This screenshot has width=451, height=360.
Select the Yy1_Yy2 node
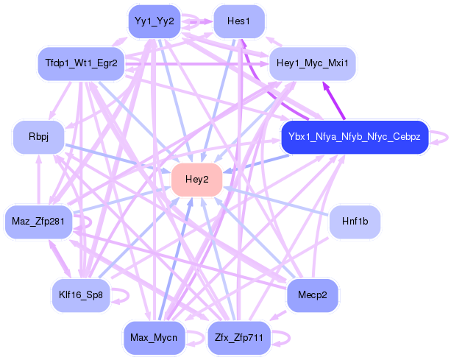tap(154, 21)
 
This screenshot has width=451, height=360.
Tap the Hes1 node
tap(238, 21)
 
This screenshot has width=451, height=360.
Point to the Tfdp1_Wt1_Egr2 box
tap(80, 64)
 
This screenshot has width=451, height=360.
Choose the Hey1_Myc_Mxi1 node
tap(313, 64)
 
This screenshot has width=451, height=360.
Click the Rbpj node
tap(38, 138)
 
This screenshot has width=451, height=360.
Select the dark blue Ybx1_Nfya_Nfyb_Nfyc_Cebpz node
tap(354, 137)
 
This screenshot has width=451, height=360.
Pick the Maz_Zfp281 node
tap(39, 220)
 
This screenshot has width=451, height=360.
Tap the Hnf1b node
tap(354, 220)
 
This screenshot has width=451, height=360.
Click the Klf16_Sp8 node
tap(80, 295)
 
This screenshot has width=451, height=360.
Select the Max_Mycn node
tap(154, 338)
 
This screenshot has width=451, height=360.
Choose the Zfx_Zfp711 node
tap(238, 338)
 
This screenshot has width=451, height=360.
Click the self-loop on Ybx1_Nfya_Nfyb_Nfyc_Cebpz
tap(440, 137)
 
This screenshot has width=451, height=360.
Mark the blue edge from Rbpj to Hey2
tap(118, 159)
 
